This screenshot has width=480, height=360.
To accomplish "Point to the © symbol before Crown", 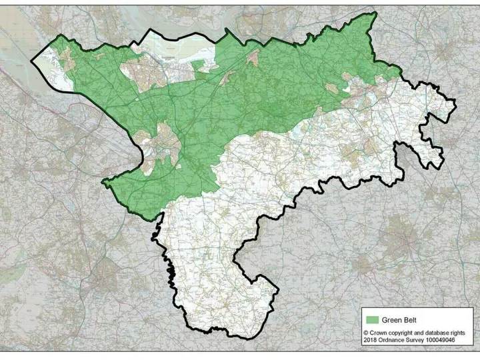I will [366, 332].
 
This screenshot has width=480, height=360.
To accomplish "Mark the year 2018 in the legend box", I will [371, 341].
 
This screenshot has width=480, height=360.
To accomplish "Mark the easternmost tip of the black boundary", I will [455, 102].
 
